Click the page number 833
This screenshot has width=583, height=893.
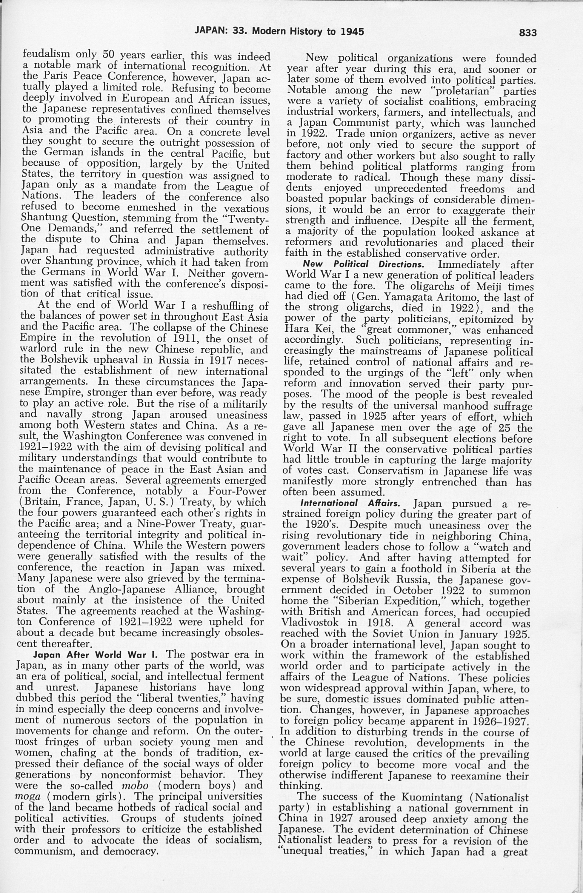(528, 33)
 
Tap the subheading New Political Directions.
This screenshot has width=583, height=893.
(363, 264)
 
